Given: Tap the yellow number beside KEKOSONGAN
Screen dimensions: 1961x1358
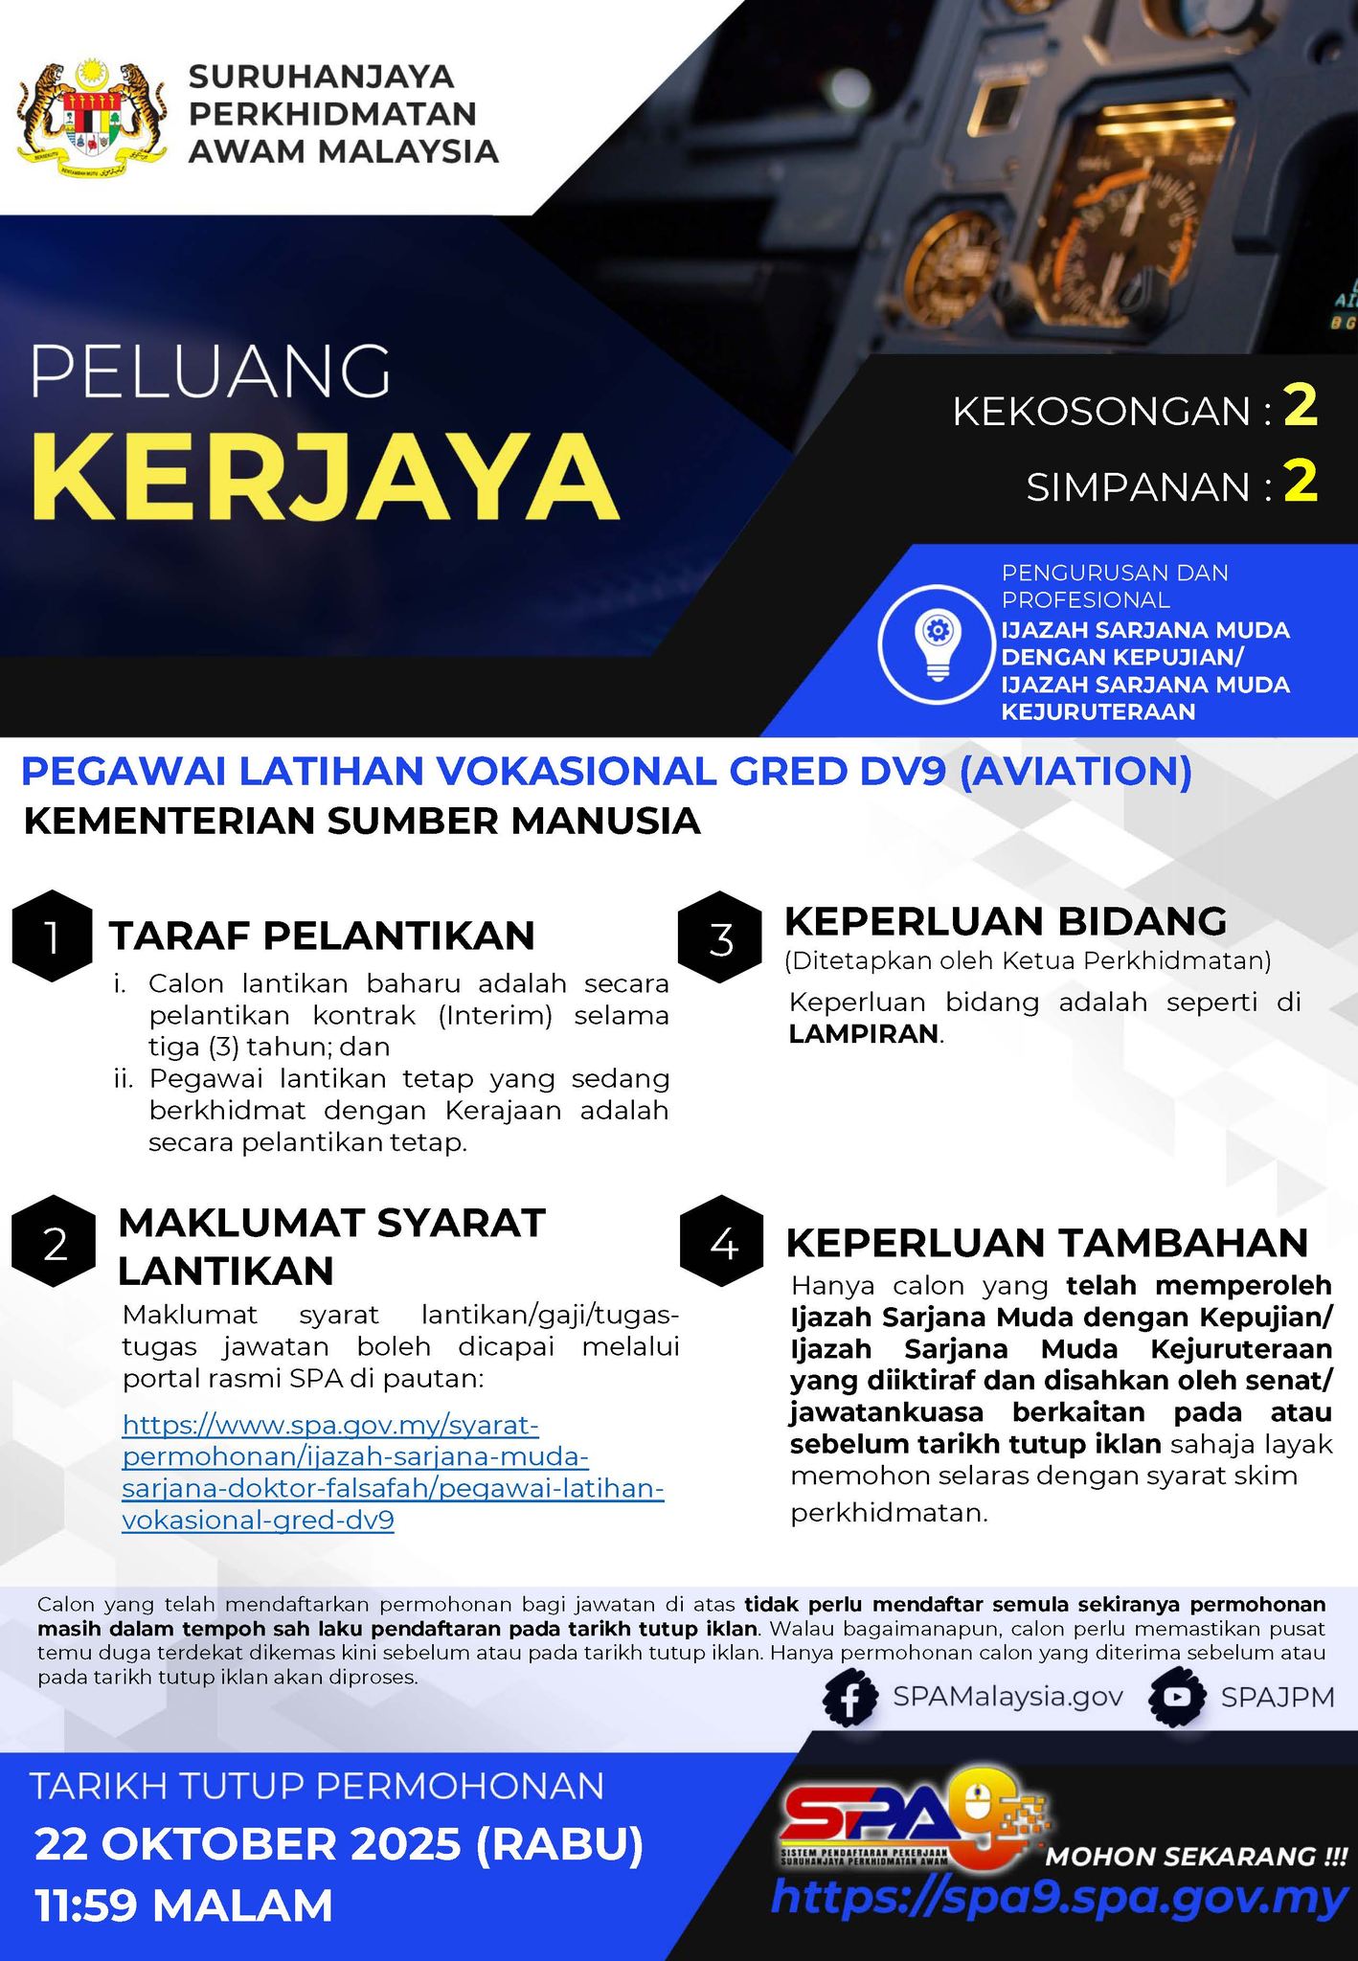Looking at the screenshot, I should (1301, 407).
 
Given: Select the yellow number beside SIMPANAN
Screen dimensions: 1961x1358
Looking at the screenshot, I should (1301, 483).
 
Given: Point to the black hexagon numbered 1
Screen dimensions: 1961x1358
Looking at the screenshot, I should (52, 937).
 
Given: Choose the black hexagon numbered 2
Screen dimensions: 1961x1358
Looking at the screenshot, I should (55, 1244).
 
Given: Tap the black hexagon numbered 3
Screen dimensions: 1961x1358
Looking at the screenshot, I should (720, 939).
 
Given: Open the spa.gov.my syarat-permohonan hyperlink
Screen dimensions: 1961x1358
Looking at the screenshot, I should (393, 1473).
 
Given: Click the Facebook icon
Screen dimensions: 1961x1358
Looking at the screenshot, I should (850, 1698).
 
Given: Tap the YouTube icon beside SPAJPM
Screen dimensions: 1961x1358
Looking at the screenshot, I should (1176, 1698).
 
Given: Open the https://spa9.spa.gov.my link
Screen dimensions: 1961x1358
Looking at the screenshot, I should (1058, 1899).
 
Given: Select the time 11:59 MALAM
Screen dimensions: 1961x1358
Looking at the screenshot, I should (183, 1905).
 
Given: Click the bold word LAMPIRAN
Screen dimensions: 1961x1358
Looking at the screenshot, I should (864, 1034).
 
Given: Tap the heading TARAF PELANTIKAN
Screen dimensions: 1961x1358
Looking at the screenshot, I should (322, 936).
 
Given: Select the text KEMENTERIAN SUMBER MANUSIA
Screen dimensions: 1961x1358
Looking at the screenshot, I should (361, 822).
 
